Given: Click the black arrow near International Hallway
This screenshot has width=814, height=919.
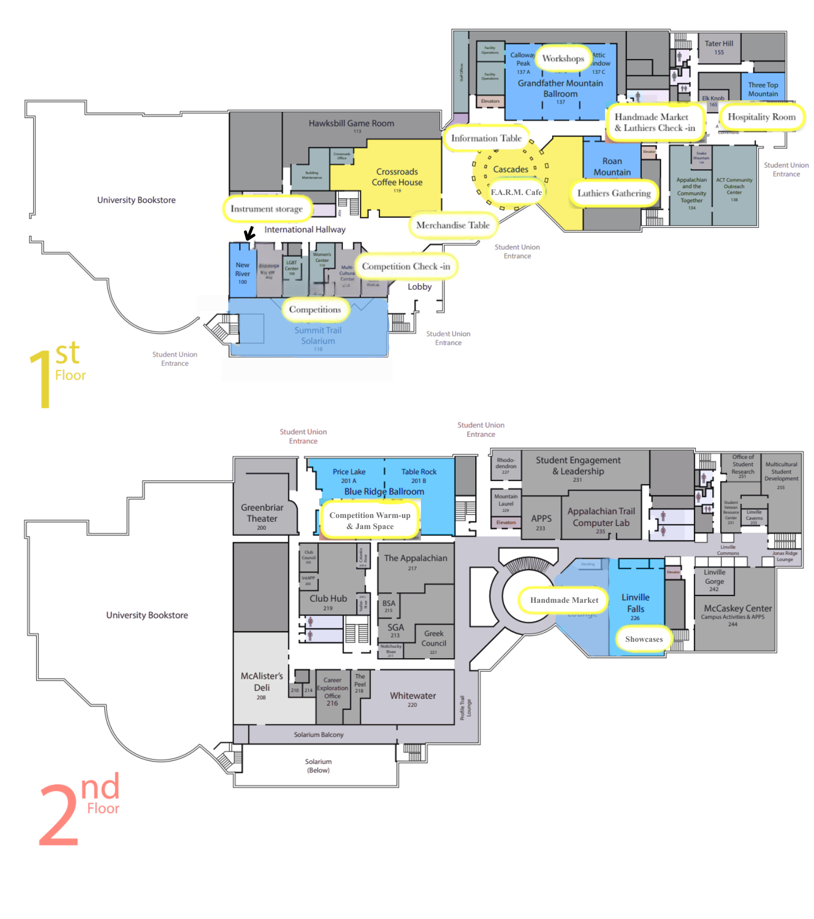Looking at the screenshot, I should pos(249,233).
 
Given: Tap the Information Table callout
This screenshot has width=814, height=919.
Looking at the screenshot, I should pos(486,138).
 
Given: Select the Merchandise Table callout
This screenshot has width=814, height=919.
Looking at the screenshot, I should pos(453,225).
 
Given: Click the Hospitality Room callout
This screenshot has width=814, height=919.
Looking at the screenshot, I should pos(761,117).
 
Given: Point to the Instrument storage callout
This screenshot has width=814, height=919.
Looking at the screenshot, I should pos(267,209).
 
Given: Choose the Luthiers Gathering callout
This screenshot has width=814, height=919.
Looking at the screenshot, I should pos(614,193).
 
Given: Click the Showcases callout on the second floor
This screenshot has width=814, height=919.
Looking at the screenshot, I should pos(644,639).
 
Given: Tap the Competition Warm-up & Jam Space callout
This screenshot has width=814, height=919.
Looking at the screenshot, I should pos(370,521).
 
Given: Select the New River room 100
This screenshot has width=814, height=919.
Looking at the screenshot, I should pos(242,273).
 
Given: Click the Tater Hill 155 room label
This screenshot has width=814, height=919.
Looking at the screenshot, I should pos(719,47).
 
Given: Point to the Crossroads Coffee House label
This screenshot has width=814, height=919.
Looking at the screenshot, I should pos(397,178).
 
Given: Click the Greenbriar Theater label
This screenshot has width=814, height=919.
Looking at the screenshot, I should pos(262,513).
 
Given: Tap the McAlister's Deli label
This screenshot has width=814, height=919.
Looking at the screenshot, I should pos(261,682).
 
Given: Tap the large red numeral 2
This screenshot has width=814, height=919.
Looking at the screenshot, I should pos(58,815).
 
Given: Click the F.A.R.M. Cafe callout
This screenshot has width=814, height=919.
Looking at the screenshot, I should pos(516,192).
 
